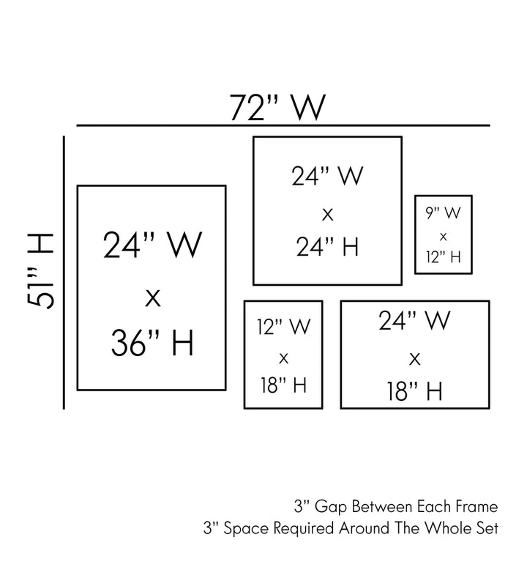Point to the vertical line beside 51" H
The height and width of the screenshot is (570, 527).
pyautogui.click(x=65, y=271)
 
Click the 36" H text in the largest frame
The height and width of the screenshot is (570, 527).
pyautogui.click(x=152, y=343)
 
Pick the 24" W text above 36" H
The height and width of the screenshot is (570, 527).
pyautogui.click(x=152, y=246)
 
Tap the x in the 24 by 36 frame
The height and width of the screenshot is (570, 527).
pyautogui.click(x=152, y=297)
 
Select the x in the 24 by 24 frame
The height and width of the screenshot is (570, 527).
pyautogui.click(x=327, y=214)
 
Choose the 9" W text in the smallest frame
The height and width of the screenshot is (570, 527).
pyautogui.click(x=443, y=214)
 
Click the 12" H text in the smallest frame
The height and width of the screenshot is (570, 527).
pyautogui.click(x=443, y=256)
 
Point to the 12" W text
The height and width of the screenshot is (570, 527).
pyautogui.click(x=283, y=327)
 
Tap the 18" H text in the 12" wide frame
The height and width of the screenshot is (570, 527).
pyautogui.click(x=283, y=385)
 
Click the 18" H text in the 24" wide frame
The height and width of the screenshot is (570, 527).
pyautogui.click(x=414, y=391)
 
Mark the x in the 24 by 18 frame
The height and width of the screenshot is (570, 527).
pyautogui.click(x=414, y=358)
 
